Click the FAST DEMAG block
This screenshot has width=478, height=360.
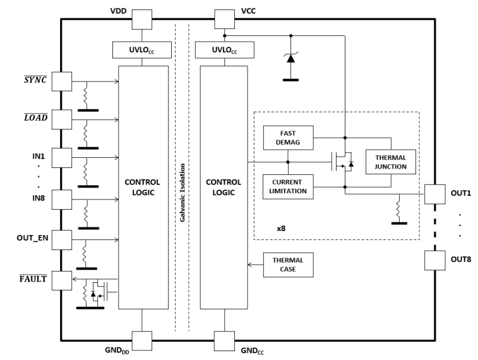pos(287,138)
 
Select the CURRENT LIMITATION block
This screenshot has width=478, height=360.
pos(287,186)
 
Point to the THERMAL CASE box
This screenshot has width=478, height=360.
pos(287,265)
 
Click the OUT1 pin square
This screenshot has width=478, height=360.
pos(434,193)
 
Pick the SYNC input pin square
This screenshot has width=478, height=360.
pos(61,81)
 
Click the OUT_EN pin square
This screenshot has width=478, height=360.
pos(61,239)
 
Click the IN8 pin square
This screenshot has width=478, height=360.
pos(61,200)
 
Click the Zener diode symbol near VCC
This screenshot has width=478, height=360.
pos(290,58)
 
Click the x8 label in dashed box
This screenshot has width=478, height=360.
pos(282,227)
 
